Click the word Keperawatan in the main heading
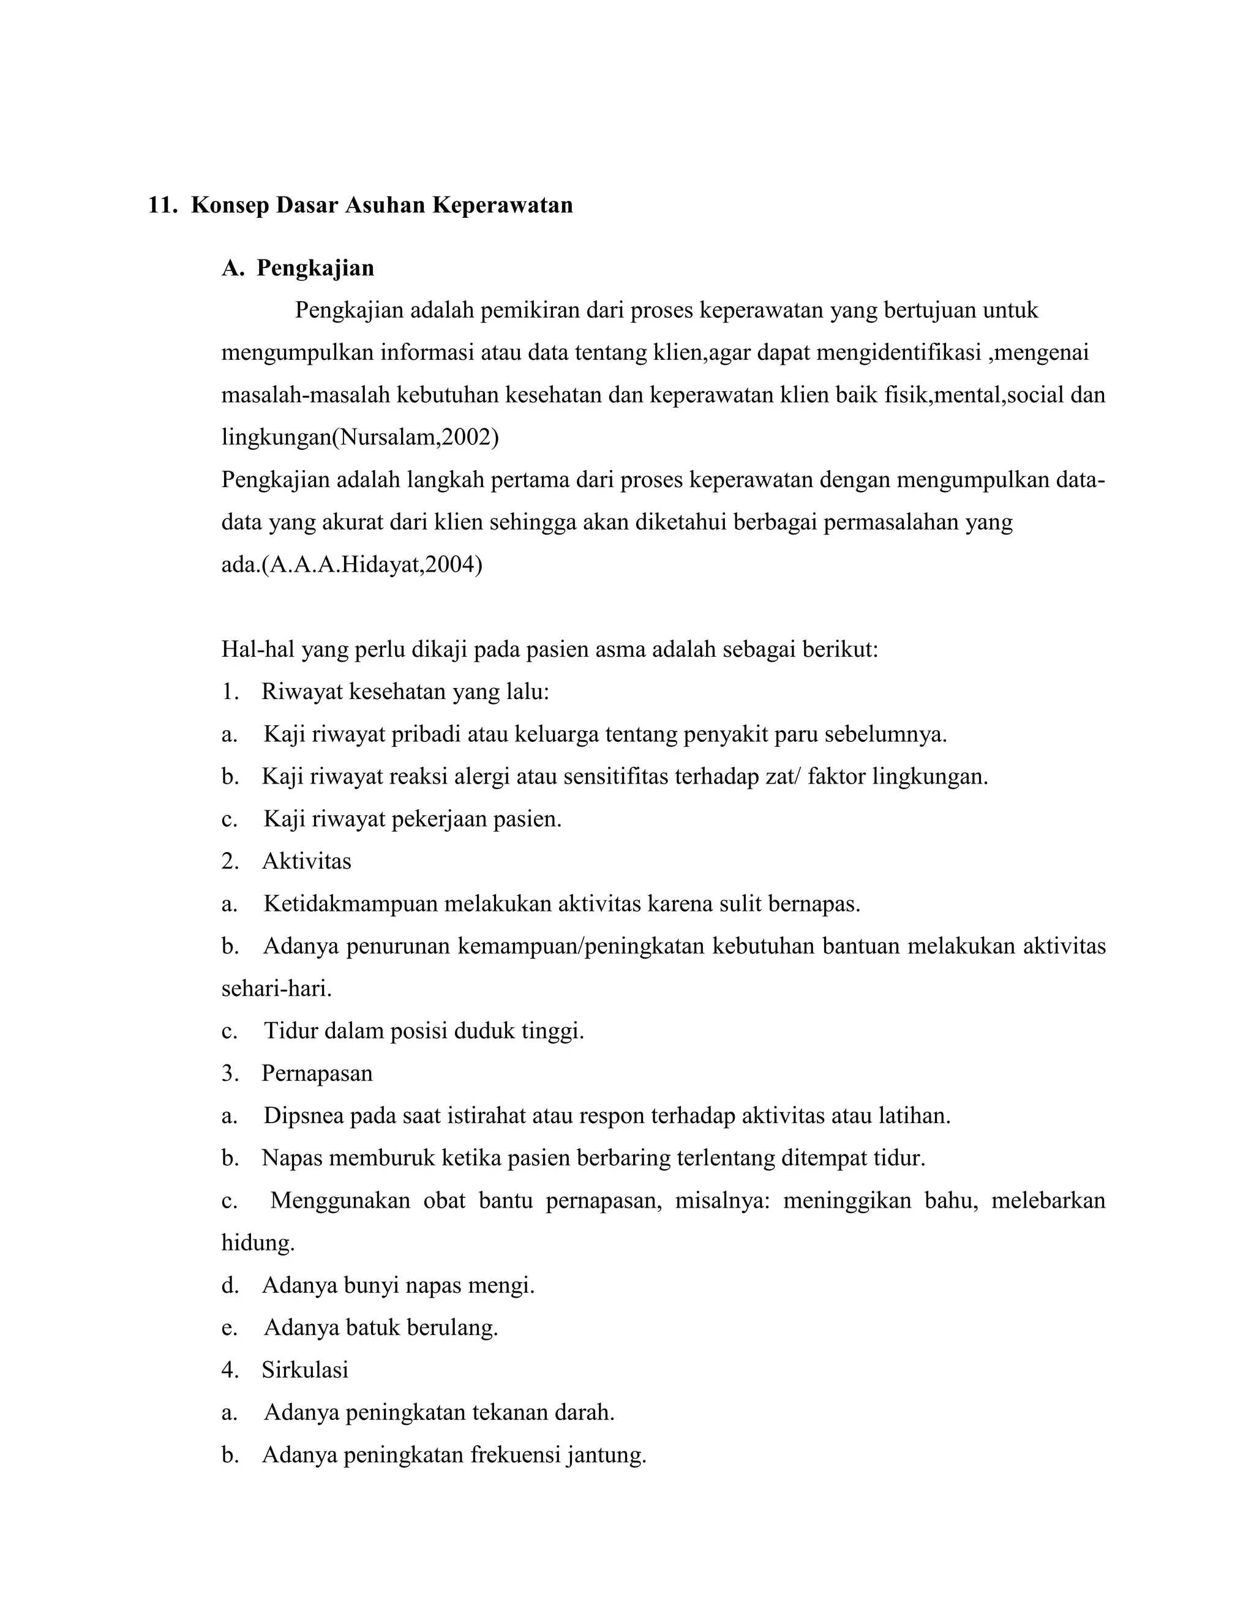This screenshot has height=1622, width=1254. (502, 205)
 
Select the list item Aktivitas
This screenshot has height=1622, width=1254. (306, 862)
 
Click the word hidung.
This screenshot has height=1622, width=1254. (258, 1243)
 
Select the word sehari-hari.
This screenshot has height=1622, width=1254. (276, 989)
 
